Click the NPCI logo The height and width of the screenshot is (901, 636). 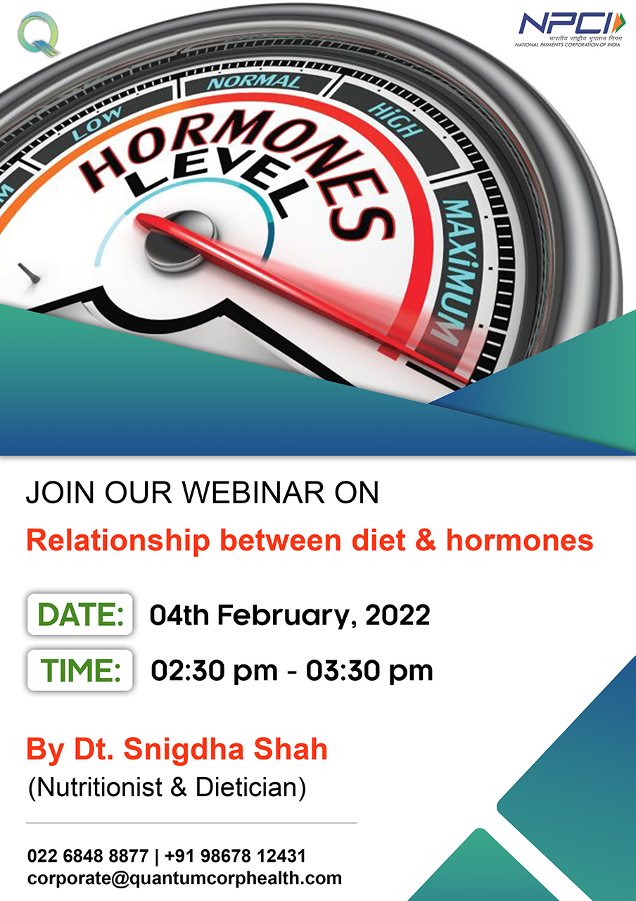(x=570, y=30)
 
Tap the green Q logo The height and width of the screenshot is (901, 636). (x=39, y=34)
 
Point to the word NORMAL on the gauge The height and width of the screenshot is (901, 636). (x=254, y=82)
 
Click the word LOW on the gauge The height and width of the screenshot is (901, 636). (x=97, y=123)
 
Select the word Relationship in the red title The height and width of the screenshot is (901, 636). (x=117, y=541)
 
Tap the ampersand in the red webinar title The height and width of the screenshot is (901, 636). (x=426, y=540)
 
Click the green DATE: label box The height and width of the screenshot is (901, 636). (x=80, y=615)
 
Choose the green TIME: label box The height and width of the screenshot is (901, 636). (x=80, y=670)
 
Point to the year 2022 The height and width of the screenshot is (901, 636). (x=397, y=615)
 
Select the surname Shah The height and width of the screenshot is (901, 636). (x=291, y=749)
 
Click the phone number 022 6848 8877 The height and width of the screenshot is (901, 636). (x=88, y=856)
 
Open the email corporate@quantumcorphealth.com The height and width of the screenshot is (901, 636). (x=184, y=878)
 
